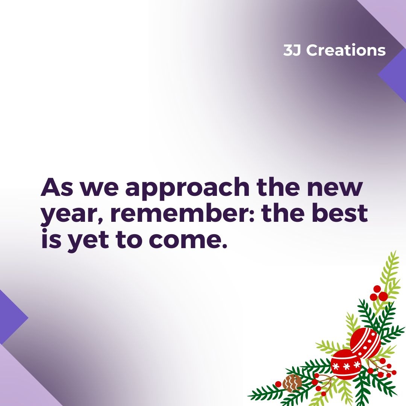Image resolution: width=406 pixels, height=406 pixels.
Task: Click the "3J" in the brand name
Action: [x=292, y=50]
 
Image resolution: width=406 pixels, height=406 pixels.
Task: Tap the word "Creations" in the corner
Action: [x=346, y=50]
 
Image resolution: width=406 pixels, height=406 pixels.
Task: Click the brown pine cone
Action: [x=292, y=383]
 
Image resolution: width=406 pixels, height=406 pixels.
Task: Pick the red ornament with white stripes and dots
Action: [x=365, y=342]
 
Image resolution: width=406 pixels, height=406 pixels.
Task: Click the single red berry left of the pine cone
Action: [x=278, y=384]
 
